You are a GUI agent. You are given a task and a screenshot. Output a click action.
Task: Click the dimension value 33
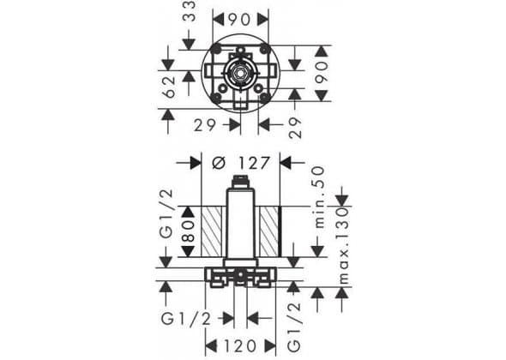pyautogui.click(x=189, y=11)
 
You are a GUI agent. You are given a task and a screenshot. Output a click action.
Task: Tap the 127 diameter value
pyautogui.click(x=254, y=163)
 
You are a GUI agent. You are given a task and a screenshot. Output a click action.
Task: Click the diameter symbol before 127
pyautogui.click(x=219, y=163)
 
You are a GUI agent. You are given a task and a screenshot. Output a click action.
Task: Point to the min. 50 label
pyautogui.click(x=318, y=197)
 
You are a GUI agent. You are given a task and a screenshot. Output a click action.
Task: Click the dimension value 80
pyautogui.click(x=189, y=231)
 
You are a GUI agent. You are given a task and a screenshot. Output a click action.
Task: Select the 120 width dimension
pyautogui.click(x=240, y=346)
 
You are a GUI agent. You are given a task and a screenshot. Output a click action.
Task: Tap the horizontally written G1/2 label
pyautogui.click(x=186, y=319)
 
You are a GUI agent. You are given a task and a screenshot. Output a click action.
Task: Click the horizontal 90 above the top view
pyautogui.click(x=239, y=20)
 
